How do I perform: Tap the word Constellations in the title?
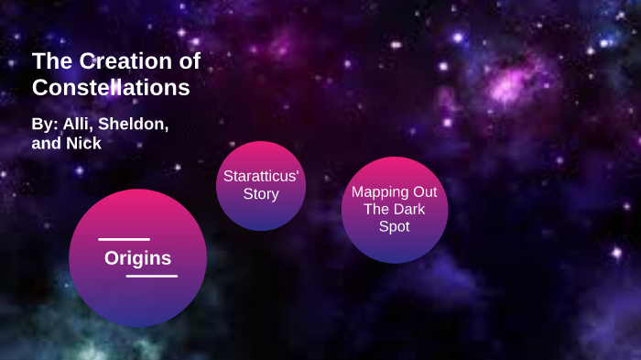111,88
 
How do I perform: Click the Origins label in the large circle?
137,258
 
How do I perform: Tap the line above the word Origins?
124,240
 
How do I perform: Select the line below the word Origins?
151,276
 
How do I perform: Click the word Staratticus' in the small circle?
261,175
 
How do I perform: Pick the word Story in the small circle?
261,193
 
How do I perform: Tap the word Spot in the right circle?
395,226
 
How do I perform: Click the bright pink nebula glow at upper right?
506,87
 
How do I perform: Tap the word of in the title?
189,62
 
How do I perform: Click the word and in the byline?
47,143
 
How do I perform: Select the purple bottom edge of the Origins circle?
137,320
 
